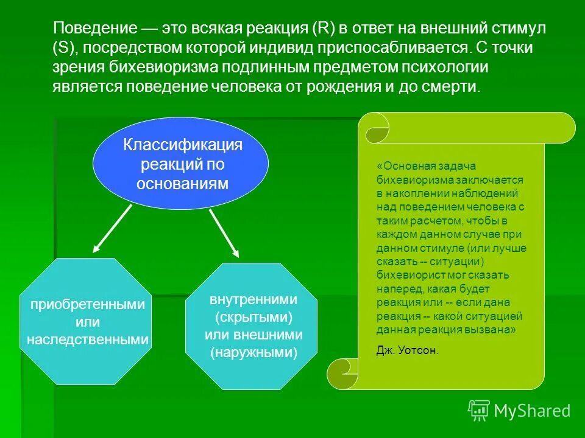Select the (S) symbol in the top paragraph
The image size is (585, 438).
(63, 48)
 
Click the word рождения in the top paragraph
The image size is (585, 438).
(344, 87)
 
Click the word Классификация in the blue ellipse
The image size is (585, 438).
(183, 145)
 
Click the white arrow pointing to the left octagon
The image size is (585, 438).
(112, 229)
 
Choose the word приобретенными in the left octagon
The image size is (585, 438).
(88, 305)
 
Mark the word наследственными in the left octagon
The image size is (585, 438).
(88, 339)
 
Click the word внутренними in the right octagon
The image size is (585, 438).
(253, 300)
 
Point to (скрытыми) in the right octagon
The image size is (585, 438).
(253, 318)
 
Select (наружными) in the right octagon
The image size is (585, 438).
(253, 352)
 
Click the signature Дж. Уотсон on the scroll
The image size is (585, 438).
(408, 351)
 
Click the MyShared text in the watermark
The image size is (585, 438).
(532, 411)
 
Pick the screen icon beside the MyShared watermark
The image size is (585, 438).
(479, 410)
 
